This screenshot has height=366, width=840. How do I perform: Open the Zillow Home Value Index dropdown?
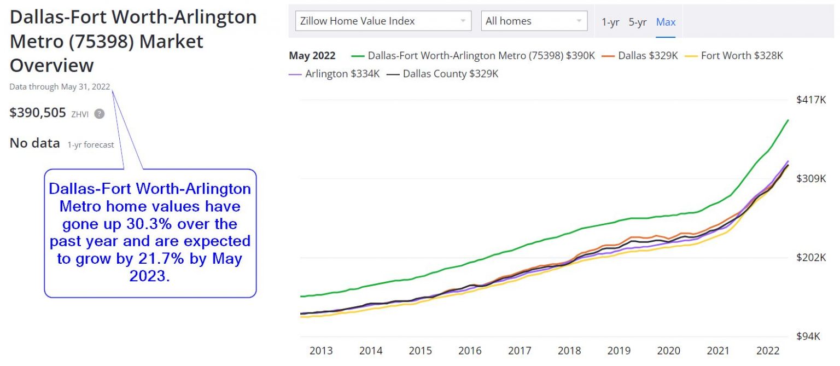[383, 21]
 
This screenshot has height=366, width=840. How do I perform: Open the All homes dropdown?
[534, 21]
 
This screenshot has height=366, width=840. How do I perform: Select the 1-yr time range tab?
[610, 22]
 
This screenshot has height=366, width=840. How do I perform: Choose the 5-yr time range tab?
[637, 22]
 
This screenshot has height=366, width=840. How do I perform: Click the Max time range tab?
[666, 22]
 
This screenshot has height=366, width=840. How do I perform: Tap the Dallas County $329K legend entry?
[450, 73]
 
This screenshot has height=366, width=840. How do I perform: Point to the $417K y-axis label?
[811, 100]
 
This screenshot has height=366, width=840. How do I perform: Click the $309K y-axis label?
[811, 179]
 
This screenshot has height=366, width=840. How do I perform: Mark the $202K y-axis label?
[811, 258]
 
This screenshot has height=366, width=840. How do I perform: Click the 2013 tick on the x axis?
[321, 351]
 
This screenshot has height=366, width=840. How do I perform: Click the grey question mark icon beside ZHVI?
[99, 114]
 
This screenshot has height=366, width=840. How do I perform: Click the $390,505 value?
[38, 113]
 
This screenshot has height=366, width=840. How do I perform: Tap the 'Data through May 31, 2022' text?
[60, 86]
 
